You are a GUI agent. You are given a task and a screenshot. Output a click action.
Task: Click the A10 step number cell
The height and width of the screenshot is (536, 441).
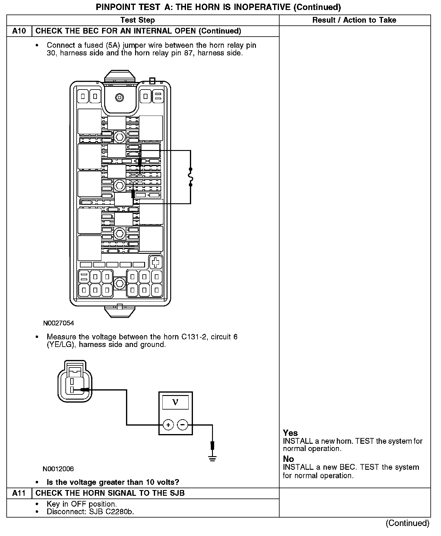point(19,31)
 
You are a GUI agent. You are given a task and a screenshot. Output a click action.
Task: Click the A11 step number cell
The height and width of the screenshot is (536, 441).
point(19,493)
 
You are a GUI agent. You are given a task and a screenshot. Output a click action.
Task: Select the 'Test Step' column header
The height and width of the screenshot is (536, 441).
point(138,20)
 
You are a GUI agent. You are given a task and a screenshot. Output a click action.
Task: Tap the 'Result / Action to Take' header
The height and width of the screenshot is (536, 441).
point(354,20)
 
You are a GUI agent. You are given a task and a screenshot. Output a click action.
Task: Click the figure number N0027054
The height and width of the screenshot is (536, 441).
point(58,323)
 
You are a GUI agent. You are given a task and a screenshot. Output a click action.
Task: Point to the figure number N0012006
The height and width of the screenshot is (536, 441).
point(58,469)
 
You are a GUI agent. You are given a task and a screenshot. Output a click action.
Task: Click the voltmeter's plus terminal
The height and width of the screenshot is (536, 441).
point(168,425)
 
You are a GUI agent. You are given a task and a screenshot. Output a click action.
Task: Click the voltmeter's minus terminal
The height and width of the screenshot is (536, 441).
point(182,425)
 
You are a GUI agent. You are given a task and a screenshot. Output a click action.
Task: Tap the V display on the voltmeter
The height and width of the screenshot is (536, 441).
point(175,402)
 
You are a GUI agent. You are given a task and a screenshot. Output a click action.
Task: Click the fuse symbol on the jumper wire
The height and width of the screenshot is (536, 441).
point(191,177)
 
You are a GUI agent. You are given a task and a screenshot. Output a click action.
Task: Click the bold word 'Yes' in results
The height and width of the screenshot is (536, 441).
point(290,433)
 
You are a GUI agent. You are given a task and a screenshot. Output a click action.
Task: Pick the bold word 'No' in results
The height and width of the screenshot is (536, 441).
point(288,459)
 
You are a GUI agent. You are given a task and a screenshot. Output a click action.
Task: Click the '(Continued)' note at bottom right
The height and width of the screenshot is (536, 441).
point(407,523)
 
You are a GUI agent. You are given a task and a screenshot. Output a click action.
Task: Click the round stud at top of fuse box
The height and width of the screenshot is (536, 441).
point(120,97)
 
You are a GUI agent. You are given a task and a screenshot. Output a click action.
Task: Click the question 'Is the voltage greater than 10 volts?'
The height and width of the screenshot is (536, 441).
point(113,482)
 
